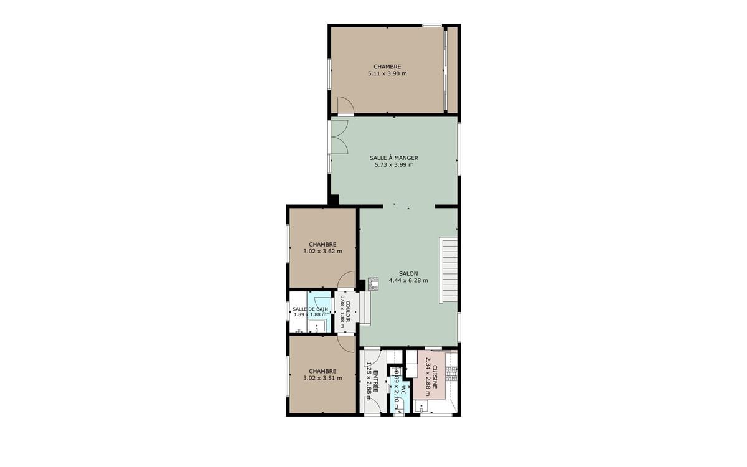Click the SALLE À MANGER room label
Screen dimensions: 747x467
393,158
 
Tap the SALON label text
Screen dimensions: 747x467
408,273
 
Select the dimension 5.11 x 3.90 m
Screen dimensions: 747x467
387,73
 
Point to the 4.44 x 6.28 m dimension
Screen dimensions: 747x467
408,281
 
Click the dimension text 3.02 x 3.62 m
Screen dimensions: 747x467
322,252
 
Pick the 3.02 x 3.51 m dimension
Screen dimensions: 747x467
322,379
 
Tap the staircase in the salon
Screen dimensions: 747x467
449,270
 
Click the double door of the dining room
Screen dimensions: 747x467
338,137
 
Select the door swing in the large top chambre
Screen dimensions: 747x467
345,106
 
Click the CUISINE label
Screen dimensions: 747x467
435,377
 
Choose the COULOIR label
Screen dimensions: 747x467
348,311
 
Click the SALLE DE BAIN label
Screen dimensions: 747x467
310,309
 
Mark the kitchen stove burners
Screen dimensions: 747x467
453,374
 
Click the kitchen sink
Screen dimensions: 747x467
421,407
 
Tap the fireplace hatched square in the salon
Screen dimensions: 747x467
373,284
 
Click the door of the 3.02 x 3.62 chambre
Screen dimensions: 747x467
345,280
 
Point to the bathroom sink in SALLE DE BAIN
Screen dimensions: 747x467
314,326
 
